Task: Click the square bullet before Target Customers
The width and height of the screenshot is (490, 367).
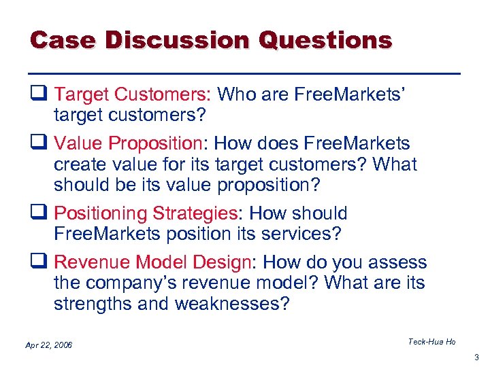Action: (38, 93)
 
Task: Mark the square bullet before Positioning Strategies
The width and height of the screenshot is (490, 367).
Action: (38, 213)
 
